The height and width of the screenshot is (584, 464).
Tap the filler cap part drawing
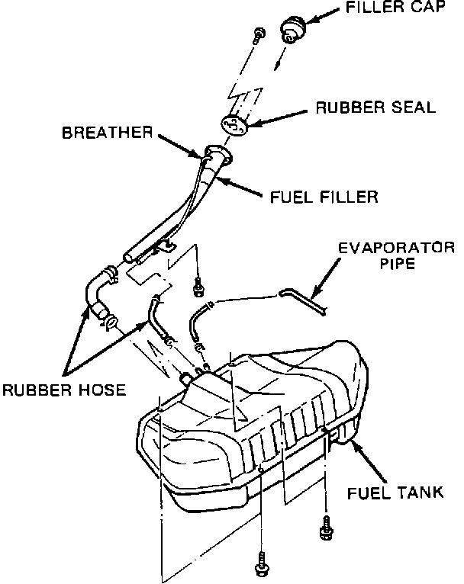click(x=293, y=29)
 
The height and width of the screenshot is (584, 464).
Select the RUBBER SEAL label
click(x=376, y=107)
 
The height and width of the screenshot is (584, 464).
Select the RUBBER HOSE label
click(x=63, y=390)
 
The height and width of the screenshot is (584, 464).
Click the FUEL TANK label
click(x=395, y=492)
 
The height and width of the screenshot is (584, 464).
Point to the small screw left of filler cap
click(x=257, y=34)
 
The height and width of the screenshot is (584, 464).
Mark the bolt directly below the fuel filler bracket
click(x=199, y=287)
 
